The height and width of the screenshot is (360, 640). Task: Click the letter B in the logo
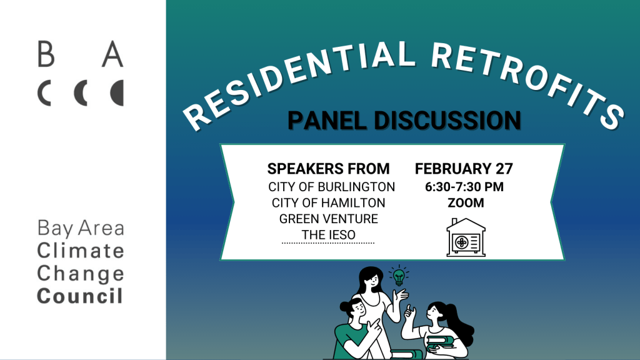(46, 55)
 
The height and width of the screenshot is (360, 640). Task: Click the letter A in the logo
(113, 55)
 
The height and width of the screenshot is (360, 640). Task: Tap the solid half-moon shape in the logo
(117, 92)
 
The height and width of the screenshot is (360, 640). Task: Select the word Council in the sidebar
(80, 296)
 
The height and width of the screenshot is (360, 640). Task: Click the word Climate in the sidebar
(81, 251)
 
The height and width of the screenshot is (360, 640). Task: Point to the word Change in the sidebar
(81, 273)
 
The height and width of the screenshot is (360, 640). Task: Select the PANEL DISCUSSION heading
(404, 121)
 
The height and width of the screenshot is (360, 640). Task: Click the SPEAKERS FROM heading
(328, 169)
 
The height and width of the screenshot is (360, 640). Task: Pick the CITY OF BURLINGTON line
(331, 187)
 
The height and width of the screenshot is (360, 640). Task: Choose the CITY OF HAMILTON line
(328, 202)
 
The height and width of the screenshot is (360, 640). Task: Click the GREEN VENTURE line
(328, 219)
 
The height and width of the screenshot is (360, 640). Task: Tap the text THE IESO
(328, 234)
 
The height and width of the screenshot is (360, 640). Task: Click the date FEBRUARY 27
(464, 169)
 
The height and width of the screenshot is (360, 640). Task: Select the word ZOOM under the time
(466, 202)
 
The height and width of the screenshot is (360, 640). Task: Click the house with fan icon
(466, 237)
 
